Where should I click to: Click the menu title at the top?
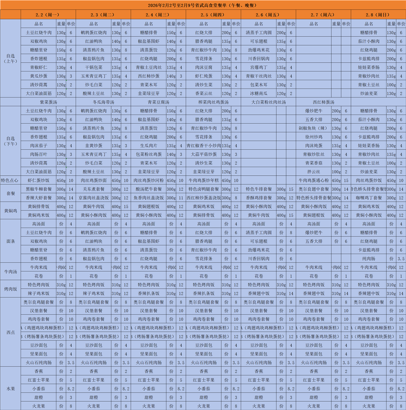(x=203, y=5)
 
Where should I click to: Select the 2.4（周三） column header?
(x=158, y=15)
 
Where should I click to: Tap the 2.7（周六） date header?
(x=323, y=15)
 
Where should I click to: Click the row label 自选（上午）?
(x=11, y=59)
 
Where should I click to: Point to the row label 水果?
(x=11, y=388)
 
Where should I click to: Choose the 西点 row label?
(x=11, y=332)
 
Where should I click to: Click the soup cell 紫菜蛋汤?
(x=48, y=102)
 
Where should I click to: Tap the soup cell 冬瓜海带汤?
(x=103, y=102)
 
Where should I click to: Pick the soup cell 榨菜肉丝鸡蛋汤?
(x=213, y=102)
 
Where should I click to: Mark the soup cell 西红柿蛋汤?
(x=323, y=102)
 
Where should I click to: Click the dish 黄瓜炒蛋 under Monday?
(x=38, y=76)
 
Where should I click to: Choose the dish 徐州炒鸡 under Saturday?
(x=314, y=137)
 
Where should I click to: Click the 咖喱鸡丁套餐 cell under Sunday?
(x=369, y=197)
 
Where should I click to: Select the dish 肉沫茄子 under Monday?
(x=38, y=146)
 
